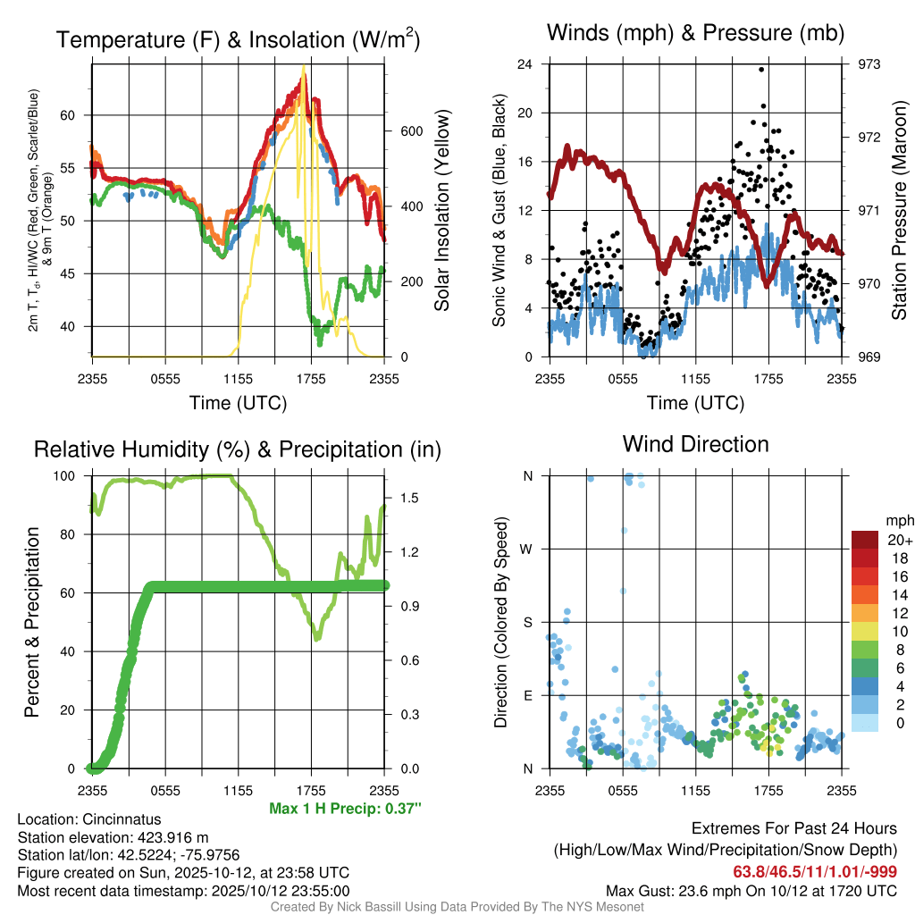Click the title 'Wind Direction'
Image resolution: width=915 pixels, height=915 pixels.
pyautogui.click(x=695, y=444)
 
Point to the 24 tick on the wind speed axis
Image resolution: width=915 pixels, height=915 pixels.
pyautogui.click(x=525, y=64)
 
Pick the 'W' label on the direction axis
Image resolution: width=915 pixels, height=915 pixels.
pyautogui.click(x=527, y=550)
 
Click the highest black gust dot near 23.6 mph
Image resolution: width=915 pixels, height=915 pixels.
pyautogui.click(x=761, y=69)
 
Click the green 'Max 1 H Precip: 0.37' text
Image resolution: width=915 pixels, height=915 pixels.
pyautogui.click(x=344, y=808)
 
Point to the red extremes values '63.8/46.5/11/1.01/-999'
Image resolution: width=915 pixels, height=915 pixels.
pyautogui.click(x=815, y=871)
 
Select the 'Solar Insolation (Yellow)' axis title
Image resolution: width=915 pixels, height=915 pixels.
pyautogui.click(x=441, y=211)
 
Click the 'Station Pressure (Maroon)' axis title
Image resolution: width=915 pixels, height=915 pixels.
pyautogui.click(x=899, y=211)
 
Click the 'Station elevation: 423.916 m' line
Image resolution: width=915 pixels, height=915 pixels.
pyautogui.click(x=113, y=837)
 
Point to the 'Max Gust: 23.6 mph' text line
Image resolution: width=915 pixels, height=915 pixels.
pyautogui.click(x=751, y=890)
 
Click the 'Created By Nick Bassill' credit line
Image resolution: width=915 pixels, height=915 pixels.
pyautogui.click(x=457, y=906)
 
